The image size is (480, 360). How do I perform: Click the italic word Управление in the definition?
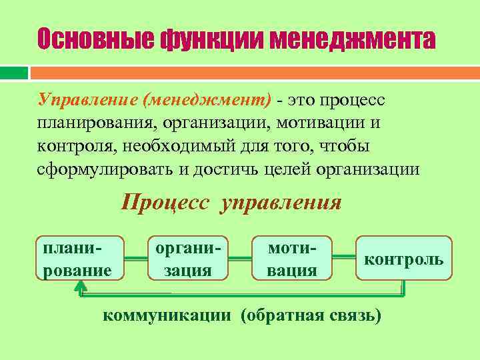[87, 100]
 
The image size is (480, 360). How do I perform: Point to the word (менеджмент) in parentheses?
[207, 100]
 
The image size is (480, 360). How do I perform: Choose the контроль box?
[404, 258]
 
